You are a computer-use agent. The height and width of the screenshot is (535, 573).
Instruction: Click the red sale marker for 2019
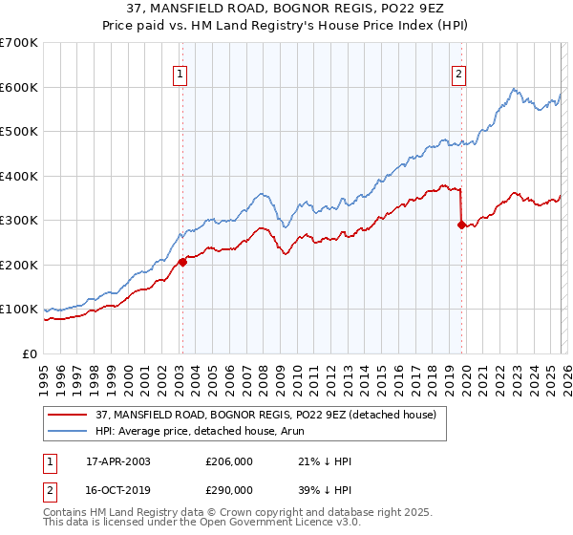pyautogui.click(x=461, y=225)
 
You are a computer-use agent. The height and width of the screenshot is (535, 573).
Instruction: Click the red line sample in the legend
pyautogui.click(x=68, y=415)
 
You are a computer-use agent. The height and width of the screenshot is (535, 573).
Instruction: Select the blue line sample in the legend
pyautogui.click(x=68, y=432)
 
